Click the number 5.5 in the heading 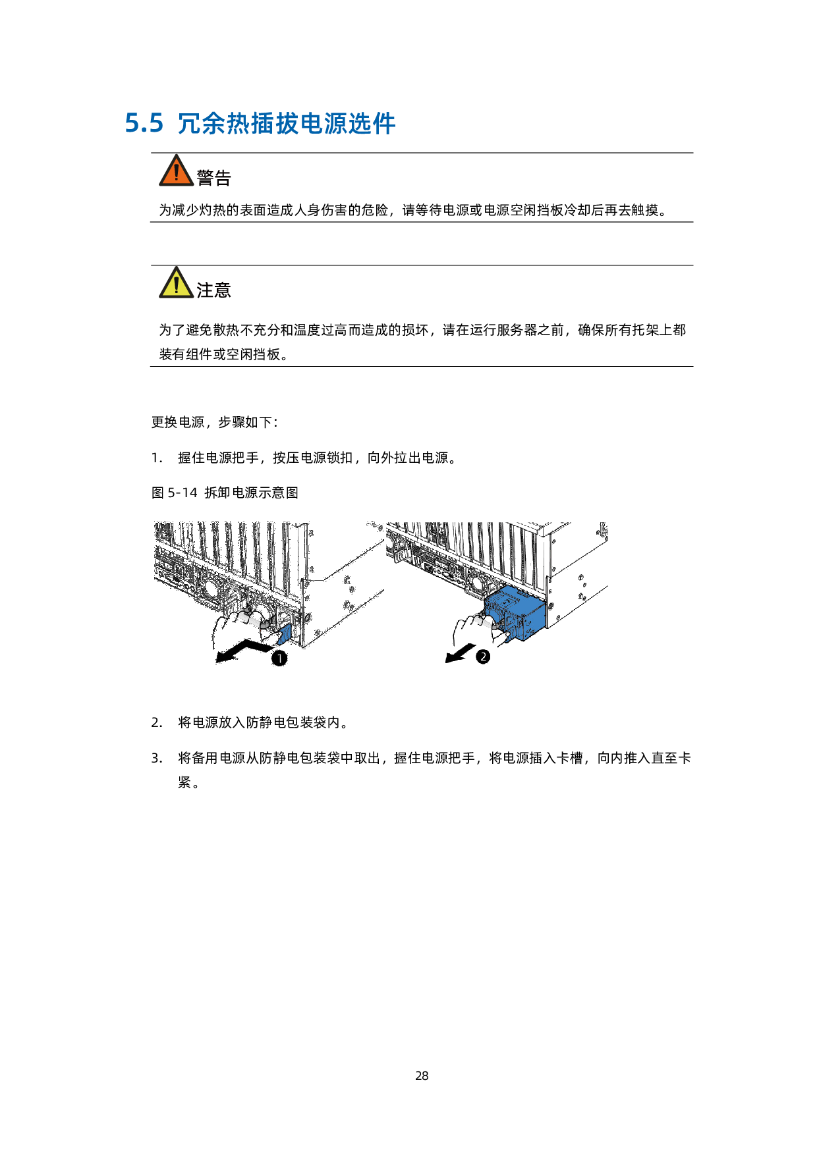144,124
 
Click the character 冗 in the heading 189,124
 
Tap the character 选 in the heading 360,124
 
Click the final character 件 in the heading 383,124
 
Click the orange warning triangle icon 177,172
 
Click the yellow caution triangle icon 177,284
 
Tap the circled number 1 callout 279,658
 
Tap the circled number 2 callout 483,657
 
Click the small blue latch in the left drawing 285,635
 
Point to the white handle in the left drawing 250,618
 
